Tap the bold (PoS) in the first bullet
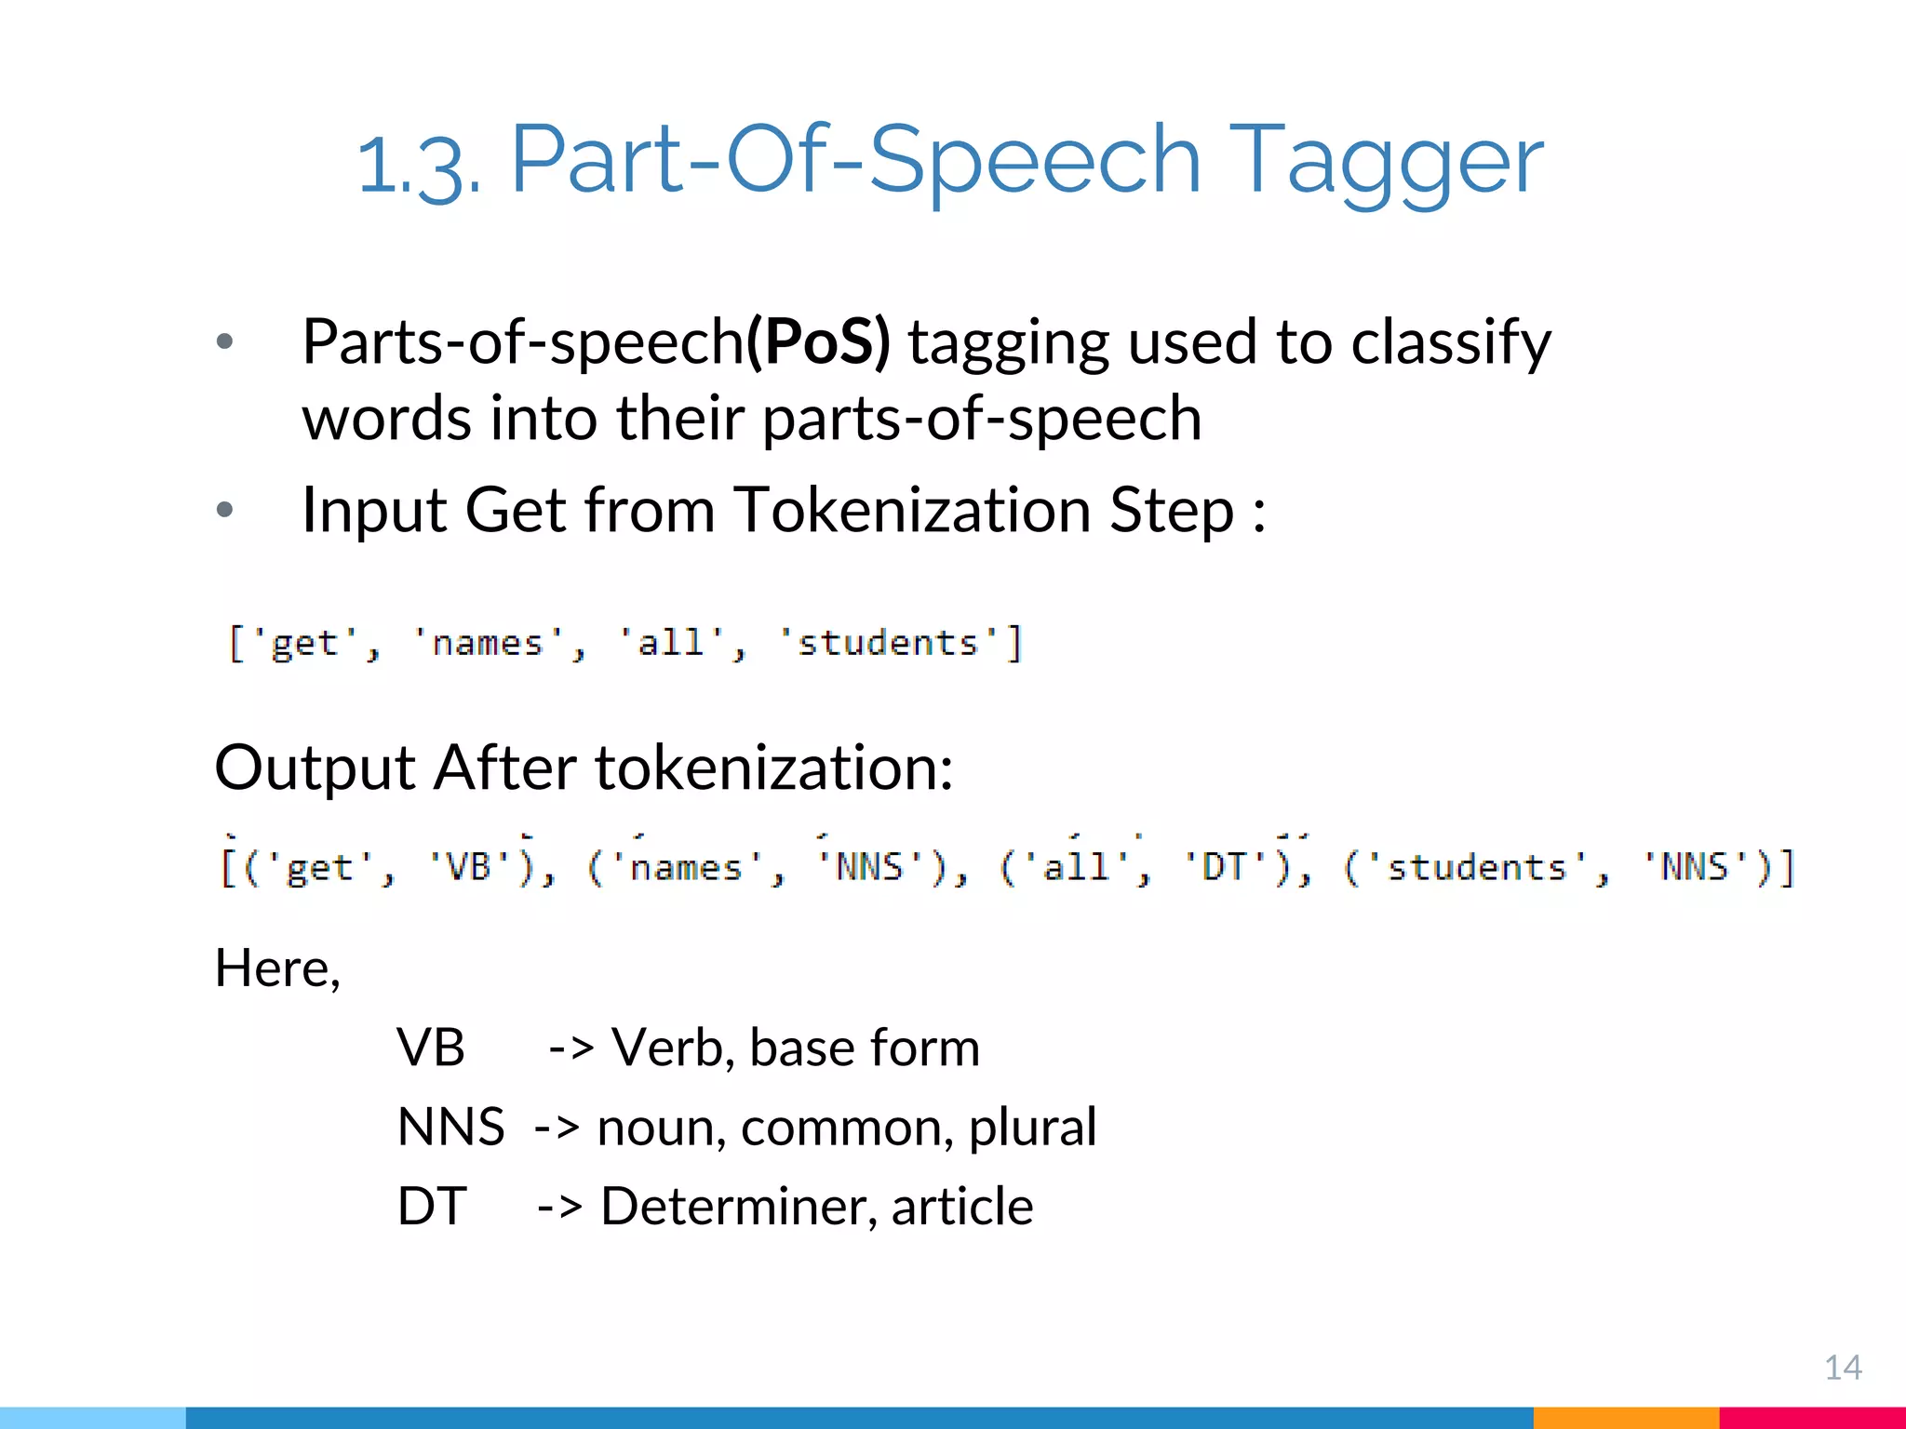818,341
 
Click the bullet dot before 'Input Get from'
224,509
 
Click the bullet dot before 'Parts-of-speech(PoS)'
224,341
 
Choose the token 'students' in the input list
889,643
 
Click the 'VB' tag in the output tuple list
470,867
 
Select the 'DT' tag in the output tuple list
1225,867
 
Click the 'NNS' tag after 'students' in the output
1695,867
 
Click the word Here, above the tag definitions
277,968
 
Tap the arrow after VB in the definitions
570,1048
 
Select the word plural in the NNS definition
1032,1128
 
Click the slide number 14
1843,1368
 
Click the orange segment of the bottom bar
1625,1418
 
